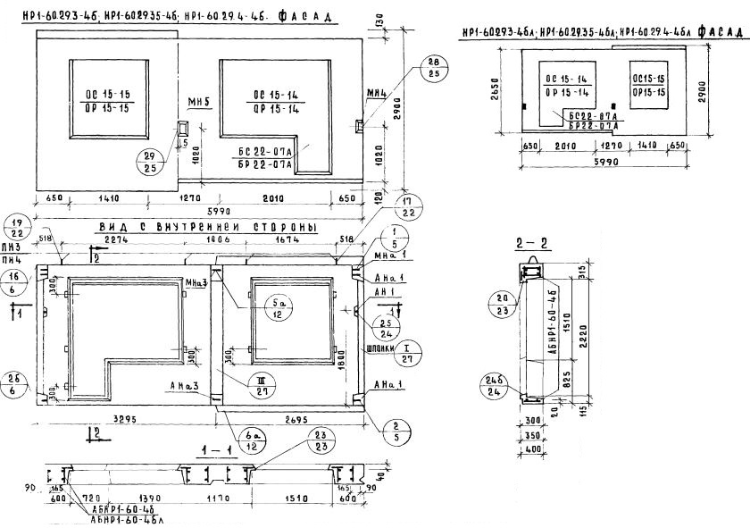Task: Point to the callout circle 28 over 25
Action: (434, 66)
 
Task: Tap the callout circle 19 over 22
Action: (14, 226)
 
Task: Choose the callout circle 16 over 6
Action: (15, 284)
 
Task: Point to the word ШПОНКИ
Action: (379, 349)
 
